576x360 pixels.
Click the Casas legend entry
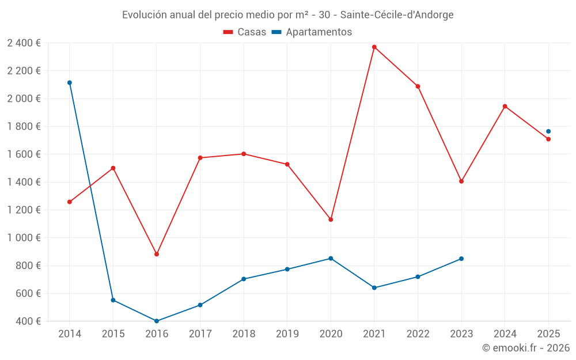[245, 32]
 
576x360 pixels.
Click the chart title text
[287, 15]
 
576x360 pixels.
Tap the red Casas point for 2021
[374, 47]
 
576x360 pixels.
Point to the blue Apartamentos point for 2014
[70, 82]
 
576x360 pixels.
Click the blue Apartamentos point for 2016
[157, 321]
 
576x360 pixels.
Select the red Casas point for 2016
[157, 254]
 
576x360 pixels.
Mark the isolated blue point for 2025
[548, 131]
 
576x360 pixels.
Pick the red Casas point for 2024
[505, 106]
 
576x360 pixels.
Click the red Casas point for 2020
[331, 219]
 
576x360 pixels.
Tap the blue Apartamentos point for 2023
[461, 259]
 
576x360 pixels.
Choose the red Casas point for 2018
[244, 154]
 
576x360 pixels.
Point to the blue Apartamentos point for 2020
[331, 258]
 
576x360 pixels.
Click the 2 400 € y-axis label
[24, 43]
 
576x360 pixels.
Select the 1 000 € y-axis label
[24, 238]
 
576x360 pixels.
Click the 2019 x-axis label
[287, 334]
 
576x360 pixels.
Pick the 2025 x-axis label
[548, 334]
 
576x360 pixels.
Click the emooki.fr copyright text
[526, 348]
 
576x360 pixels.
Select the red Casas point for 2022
[418, 86]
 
